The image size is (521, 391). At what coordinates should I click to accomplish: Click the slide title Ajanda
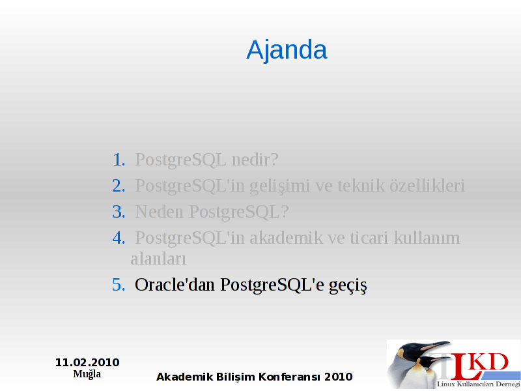pos(287,51)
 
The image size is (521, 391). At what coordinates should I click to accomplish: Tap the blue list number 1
pos(119,160)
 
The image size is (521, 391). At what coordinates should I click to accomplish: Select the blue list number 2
pos(119,186)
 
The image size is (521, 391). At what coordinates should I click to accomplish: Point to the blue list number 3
pos(119,211)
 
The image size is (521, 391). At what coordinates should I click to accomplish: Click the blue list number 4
pos(119,238)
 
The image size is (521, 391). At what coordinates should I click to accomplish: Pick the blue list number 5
pos(119,285)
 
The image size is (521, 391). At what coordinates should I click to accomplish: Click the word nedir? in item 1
pos(255,160)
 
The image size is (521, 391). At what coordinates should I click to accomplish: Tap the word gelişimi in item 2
pos(279,186)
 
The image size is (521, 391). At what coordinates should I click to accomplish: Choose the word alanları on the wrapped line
pos(158,259)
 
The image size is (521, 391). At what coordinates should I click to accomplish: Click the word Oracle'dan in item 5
pos(175,285)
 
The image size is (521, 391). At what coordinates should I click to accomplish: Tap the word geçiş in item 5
pos(348,286)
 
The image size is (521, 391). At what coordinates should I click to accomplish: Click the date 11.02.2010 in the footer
pos(87,362)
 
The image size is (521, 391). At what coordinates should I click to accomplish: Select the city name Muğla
pos(87,374)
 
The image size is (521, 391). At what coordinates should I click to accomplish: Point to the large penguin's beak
pos(434,346)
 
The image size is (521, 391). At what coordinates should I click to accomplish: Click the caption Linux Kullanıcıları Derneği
pos(479,384)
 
